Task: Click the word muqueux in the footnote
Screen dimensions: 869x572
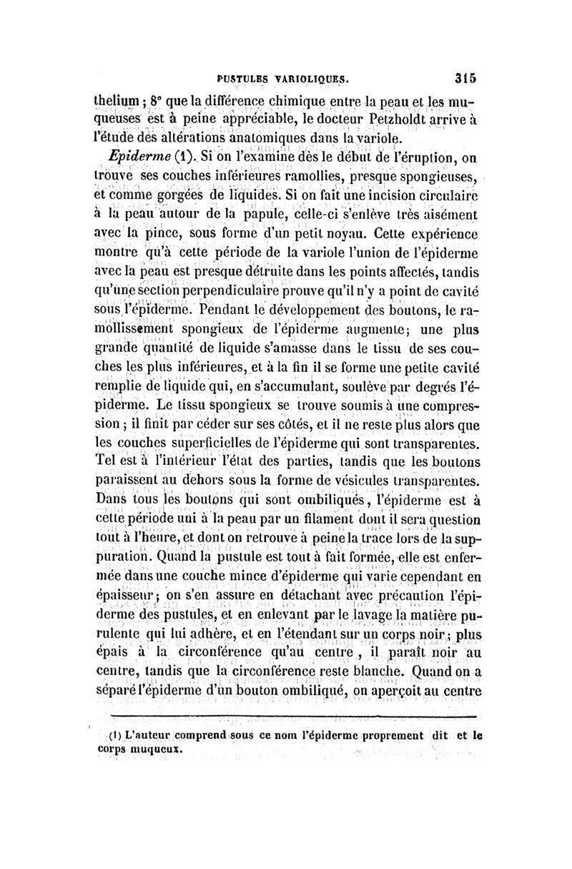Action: pos(156,750)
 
